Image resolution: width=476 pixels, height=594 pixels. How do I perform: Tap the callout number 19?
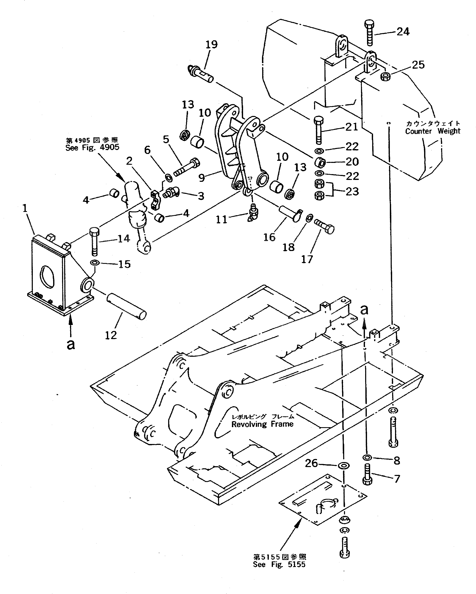(212, 44)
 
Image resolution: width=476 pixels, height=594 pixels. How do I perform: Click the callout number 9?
(202, 178)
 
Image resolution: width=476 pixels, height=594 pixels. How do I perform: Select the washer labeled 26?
(343, 466)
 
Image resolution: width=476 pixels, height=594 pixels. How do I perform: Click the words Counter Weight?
(432, 131)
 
